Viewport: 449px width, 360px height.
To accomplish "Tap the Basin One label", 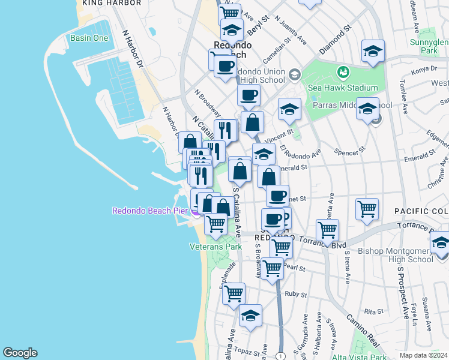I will [89, 38].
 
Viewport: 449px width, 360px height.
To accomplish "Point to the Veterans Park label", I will [215, 246].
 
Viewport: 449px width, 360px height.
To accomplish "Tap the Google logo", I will [20, 353].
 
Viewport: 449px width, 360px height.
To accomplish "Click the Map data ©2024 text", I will [423, 355].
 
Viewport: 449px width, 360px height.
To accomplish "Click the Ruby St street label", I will [296, 295].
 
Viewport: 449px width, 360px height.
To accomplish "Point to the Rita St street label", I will [373, 311].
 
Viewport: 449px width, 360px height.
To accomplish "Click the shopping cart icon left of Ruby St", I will [234, 293].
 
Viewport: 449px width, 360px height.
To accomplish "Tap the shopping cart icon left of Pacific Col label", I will [367, 209].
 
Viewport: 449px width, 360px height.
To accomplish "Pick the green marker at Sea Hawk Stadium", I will [343, 73].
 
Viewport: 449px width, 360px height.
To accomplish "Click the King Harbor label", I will [111, 3].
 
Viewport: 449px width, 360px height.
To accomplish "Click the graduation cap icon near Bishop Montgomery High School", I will [441, 242].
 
